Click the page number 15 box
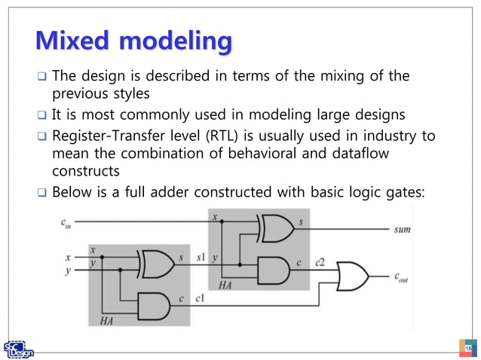pyautogui.click(x=467, y=349)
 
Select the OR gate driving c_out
pyautogui.click(x=353, y=275)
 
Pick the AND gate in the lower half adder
pyautogui.click(x=155, y=303)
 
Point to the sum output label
pyautogui.click(x=402, y=229)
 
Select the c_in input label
pyautogui.click(x=67, y=222)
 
